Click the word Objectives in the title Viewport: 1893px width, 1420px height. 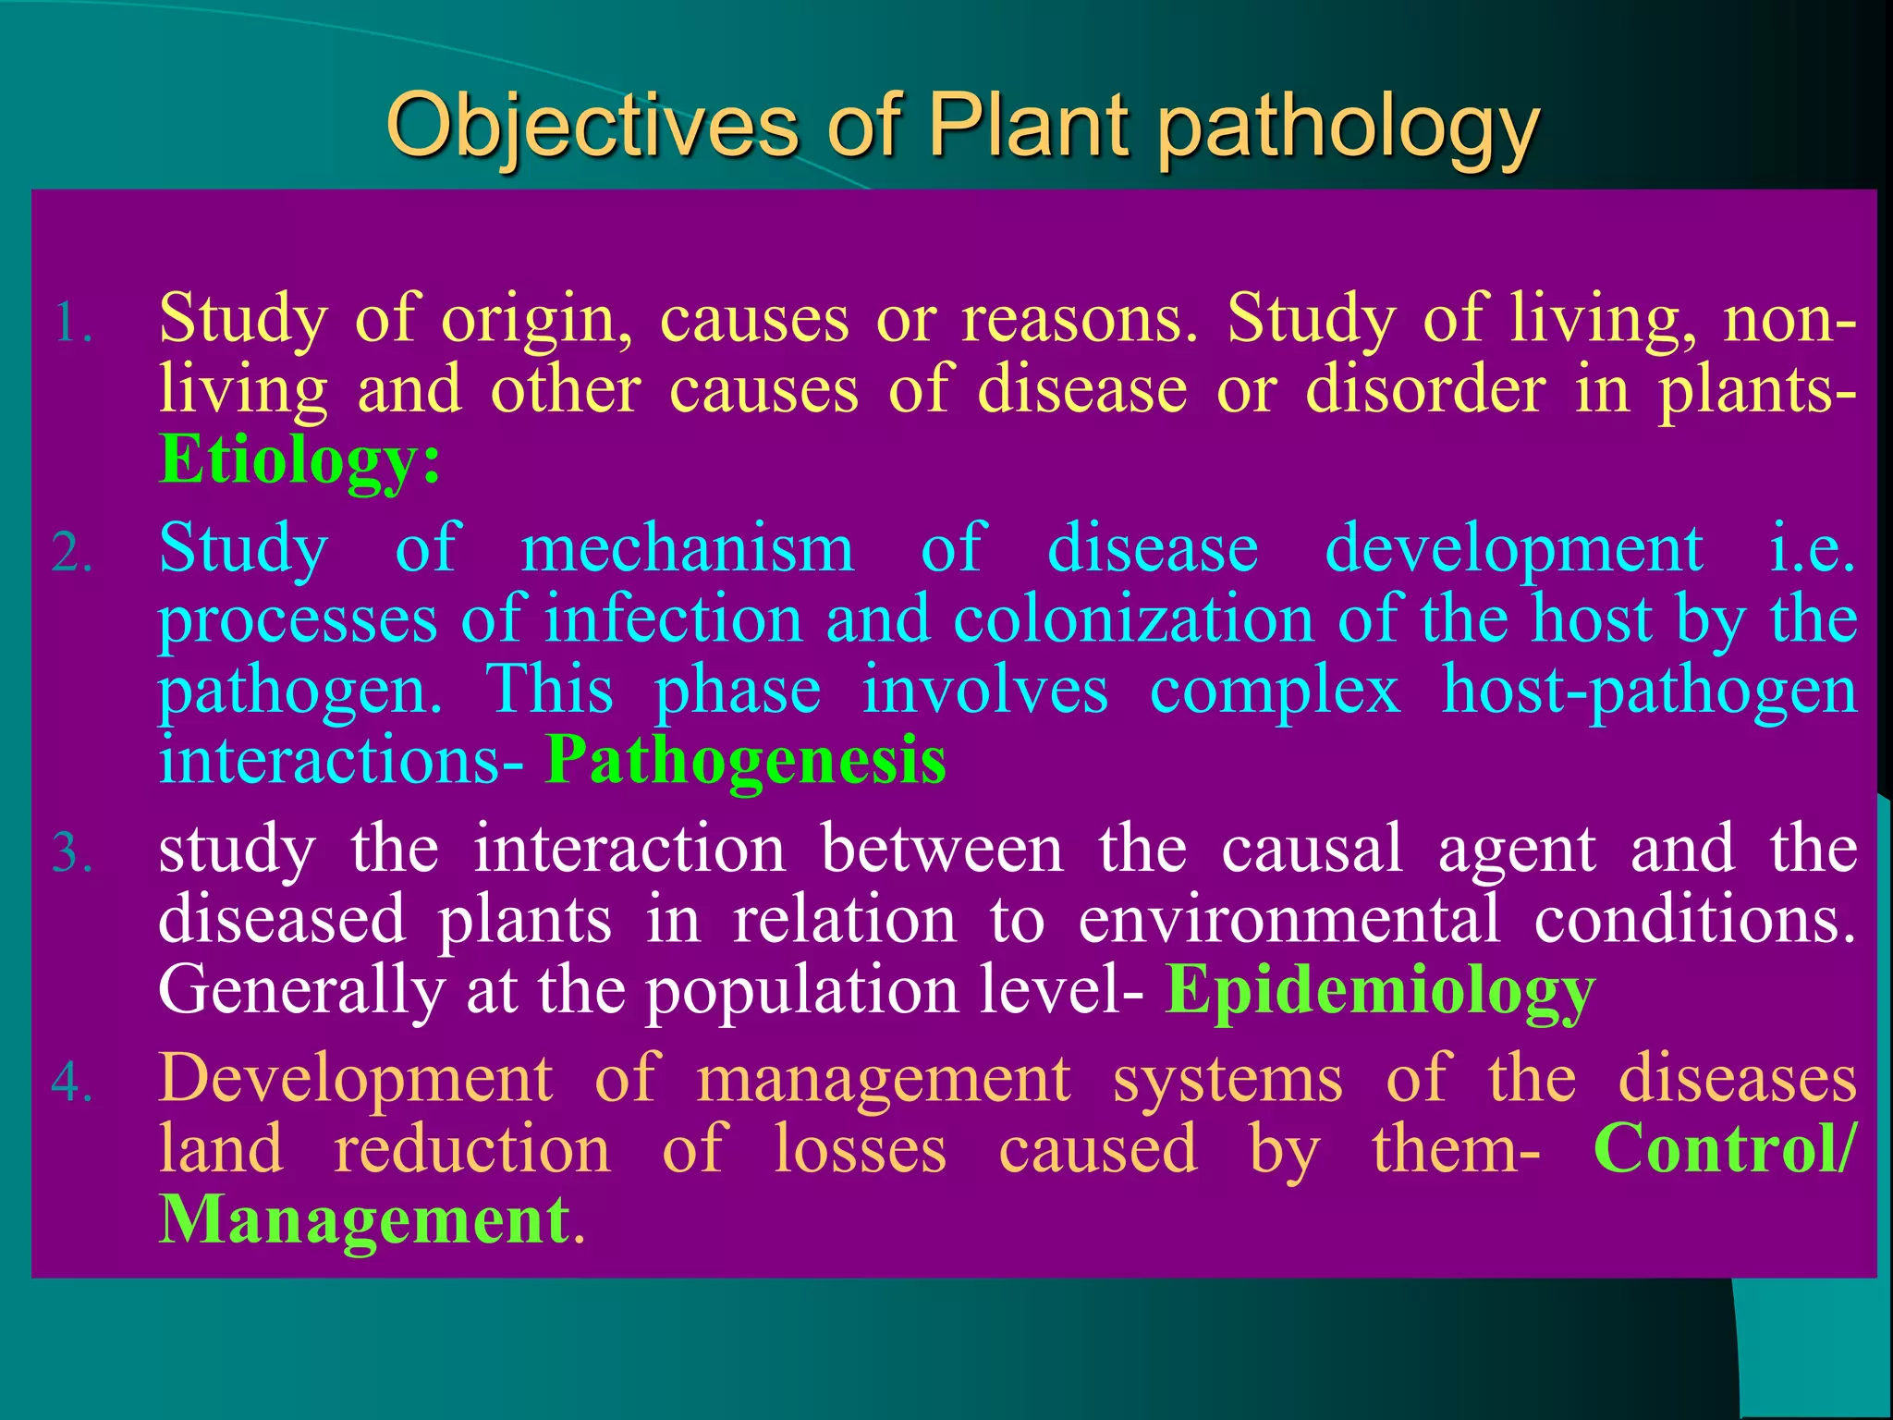coord(592,127)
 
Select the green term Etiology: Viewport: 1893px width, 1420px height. coord(299,459)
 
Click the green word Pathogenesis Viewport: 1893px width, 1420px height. coord(745,761)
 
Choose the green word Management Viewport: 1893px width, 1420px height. coord(364,1220)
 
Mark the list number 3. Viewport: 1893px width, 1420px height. coord(71,853)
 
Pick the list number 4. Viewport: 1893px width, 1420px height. coord(71,1083)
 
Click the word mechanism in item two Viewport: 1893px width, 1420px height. coord(687,549)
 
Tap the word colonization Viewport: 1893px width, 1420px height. coord(1133,619)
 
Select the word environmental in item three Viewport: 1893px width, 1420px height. coord(1289,921)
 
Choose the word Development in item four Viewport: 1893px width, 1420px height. coord(356,1080)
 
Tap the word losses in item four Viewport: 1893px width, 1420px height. coord(860,1150)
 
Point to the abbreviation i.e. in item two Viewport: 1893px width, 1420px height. coord(1813,549)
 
